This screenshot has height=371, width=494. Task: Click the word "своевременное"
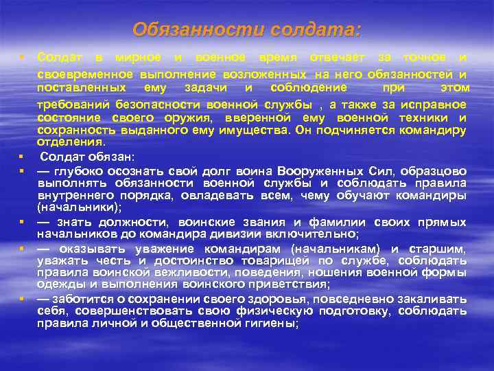click(86, 74)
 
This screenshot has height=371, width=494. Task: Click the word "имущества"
click(250, 129)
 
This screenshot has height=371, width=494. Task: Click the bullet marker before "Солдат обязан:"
click(22, 157)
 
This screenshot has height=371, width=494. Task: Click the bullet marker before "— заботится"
click(22, 299)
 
